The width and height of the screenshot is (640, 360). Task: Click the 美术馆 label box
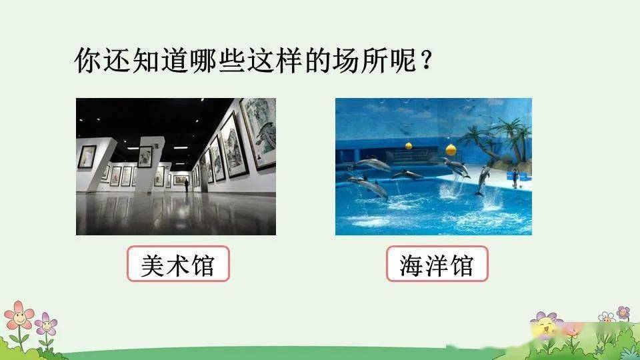[x=179, y=264]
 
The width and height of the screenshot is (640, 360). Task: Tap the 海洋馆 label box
[x=437, y=264]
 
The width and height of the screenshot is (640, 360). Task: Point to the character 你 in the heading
[x=87, y=61]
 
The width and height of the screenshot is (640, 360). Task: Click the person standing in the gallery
[x=187, y=185]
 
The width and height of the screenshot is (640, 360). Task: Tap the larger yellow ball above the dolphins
[x=451, y=150]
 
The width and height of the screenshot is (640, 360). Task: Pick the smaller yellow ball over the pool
[x=409, y=146]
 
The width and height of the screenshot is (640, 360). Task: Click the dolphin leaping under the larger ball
[x=455, y=167]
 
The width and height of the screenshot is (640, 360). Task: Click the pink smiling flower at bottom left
[x=19, y=315]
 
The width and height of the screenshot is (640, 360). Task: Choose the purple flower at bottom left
[x=46, y=325]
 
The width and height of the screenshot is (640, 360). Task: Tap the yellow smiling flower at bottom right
[x=545, y=326]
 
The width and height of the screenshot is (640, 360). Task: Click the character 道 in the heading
[x=174, y=61]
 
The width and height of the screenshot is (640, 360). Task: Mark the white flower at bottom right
[x=607, y=317]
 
